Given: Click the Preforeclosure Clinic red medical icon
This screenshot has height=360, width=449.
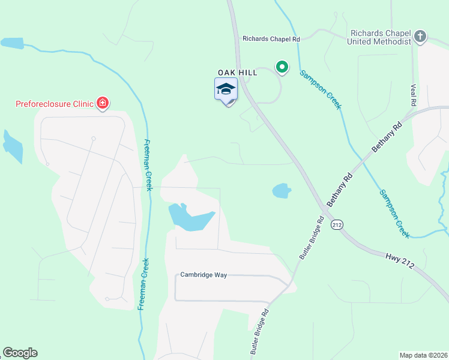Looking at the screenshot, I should [x=103, y=103].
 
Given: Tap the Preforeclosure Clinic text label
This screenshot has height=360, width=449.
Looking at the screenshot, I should [x=55, y=104].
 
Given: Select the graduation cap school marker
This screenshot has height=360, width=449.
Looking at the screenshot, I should [x=226, y=90].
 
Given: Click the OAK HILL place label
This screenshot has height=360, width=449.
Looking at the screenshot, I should [x=237, y=73].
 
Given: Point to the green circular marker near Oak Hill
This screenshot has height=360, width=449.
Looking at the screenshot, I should [x=281, y=67].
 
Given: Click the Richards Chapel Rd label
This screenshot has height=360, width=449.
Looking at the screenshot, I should [x=271, y=39].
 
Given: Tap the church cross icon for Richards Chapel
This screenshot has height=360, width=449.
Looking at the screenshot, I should [x=420, y=37].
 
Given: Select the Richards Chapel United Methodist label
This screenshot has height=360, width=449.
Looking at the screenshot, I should [x=381, y=38].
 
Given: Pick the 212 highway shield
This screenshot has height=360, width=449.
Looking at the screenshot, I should [x=337, y=224].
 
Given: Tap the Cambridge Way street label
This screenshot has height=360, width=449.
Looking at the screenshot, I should [x=203, y=275].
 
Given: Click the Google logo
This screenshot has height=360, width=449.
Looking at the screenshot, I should [x=20, y=353].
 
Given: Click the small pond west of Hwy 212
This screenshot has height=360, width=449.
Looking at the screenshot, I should [x=282, y=191].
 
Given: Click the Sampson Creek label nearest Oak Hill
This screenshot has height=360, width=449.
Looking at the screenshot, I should [x=321, y=89].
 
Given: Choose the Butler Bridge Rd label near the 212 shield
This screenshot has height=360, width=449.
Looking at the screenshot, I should [x=312, y=238].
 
